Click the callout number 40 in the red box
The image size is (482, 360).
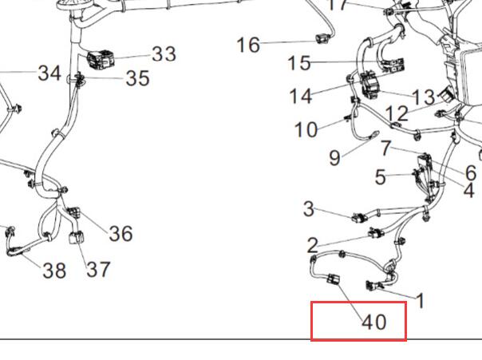click(374, 322)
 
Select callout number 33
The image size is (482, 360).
click(164, 53)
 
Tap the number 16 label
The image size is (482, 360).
click(248, 45)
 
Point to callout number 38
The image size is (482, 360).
click(54, 271)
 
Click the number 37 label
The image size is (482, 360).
click(98, 269)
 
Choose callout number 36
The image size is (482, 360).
click(120, 233)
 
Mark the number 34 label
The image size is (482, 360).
click(49, 73)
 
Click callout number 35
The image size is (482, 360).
click(138, 77)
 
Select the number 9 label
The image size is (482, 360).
click(334, 158)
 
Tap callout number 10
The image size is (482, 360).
click(306, 129)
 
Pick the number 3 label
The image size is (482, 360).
click(309, 209)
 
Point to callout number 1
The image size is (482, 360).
click(421, 300)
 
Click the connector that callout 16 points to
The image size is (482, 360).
click(322, 39)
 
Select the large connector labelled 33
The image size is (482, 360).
click(101, 59)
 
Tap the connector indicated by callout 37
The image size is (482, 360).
click(77, 237)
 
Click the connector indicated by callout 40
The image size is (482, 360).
click(334, 279)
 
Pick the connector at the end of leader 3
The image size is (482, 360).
click(360, 218)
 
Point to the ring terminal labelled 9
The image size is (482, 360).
click(376, 133)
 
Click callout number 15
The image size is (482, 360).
click(298, 63)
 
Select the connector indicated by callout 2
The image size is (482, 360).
click(376, 233)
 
